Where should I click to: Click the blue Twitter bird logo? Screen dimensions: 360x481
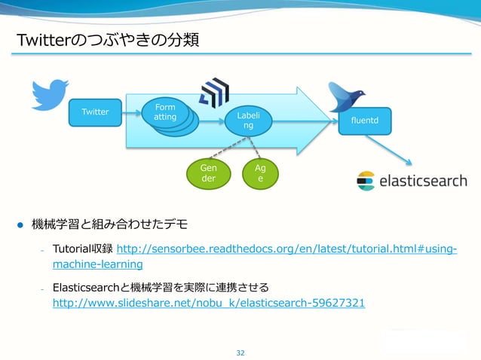[x=51, y=94]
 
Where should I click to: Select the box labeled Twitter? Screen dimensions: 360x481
[x=95, y=112]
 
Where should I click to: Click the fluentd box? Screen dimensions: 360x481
[x=365, y=120]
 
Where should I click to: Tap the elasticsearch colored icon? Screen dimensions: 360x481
[x=366, y=181]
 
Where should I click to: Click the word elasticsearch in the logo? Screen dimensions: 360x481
[x=422, y=181]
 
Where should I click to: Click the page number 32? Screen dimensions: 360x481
[x=240, y=352]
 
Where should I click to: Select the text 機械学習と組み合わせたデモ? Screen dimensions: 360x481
[x=109, y=224]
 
